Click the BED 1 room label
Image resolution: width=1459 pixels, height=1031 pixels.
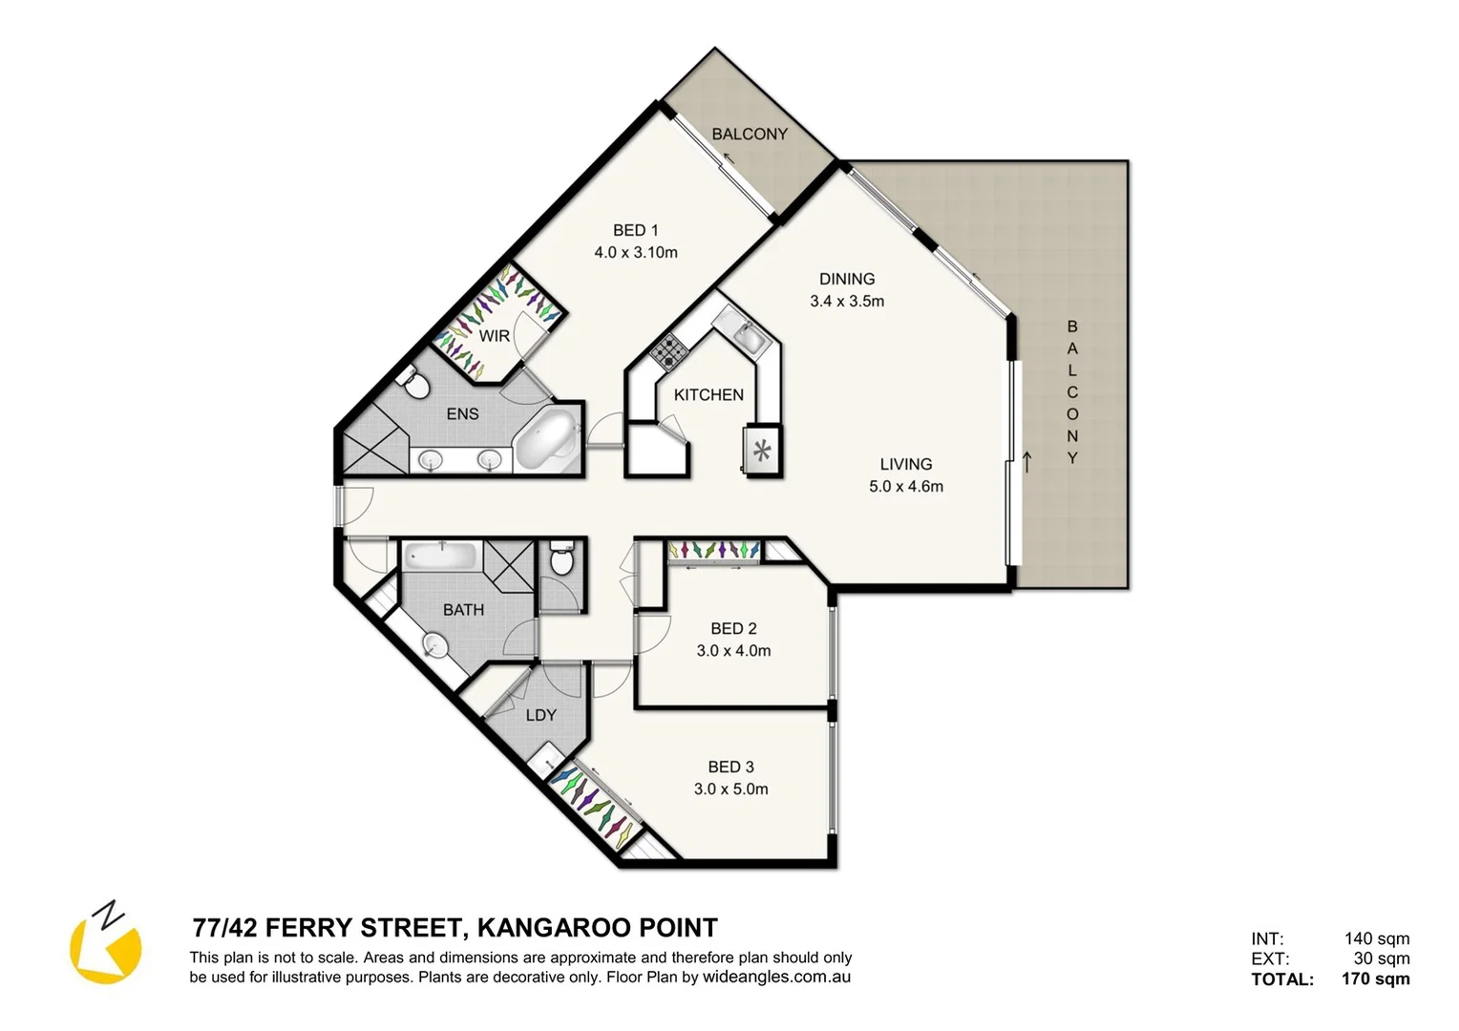tap(635, 230)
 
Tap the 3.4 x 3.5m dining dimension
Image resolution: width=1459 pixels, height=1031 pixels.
tap(847, 301)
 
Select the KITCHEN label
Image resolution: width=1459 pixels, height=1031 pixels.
tap(708, 394)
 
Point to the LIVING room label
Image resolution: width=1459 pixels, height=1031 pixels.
tap(905, 464)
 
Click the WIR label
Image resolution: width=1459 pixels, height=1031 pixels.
tap(494, 336)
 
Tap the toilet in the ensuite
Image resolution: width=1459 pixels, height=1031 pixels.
tap(414, 384)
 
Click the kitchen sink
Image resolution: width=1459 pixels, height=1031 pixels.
tap(747, 336)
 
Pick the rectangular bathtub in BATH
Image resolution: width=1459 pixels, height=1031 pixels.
tap(441, 557)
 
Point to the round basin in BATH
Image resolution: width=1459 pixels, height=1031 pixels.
tap(435, 646)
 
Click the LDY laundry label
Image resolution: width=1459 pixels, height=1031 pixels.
tap(540, 715)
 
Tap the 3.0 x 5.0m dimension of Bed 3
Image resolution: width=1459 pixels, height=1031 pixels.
tap(730, 789)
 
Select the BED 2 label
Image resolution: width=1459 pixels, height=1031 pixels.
tap(733, 628)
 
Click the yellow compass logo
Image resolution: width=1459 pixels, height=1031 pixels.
tap(105, 944)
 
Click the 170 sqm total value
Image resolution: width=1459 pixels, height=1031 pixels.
tap(1375, 978)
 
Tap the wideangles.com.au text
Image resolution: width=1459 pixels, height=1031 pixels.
tap(776, 977)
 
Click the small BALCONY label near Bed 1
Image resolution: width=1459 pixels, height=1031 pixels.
tap(750, 134)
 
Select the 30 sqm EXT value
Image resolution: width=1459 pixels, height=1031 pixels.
tap(1381, 958)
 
